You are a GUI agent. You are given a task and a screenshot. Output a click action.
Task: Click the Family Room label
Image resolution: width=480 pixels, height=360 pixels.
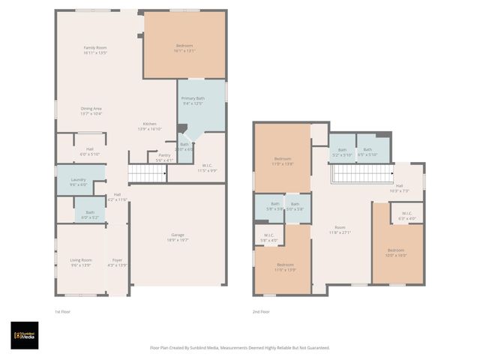click(x=94, y=50)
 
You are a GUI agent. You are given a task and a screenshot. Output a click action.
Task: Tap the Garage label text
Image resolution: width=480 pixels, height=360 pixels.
click(x=177, y=238)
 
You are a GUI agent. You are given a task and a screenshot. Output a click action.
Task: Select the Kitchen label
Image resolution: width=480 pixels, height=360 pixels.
click(x=150, y=126)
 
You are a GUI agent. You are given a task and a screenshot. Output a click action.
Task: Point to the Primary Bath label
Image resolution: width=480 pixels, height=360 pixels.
click(x=190, y=100)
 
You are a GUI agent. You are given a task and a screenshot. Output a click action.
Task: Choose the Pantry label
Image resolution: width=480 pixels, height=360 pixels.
click(x=163, y=157)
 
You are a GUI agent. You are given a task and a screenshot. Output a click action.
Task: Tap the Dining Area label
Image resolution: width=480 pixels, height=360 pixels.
click(x=91, y=111)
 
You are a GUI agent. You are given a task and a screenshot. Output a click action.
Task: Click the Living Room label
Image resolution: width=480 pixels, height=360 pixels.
click(x=80, y=262)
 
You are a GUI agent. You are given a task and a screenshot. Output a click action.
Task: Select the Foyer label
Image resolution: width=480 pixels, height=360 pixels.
click(x=117, y=262)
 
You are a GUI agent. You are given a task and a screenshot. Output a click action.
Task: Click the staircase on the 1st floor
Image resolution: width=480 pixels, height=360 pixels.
click(x=147, y=174)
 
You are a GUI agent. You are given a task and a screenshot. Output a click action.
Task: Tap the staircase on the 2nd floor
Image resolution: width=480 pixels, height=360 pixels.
click(x=362, y=174)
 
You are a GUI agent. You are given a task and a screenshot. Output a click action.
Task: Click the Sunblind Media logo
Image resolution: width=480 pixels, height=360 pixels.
click(x=24, y=335)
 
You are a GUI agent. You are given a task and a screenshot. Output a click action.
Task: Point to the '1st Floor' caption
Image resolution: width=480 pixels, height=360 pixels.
click(x=62, y=311)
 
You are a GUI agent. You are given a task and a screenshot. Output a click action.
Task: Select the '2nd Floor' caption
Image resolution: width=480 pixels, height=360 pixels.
click(x=262, y=311)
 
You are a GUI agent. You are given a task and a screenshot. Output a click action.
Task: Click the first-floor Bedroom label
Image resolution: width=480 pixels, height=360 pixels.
click(x=184, y=48)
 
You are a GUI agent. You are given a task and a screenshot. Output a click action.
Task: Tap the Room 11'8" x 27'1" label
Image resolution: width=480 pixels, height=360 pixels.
click(x=340, y=229)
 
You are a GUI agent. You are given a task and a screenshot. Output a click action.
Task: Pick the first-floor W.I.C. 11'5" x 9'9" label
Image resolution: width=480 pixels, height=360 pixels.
click(x=206, y=169)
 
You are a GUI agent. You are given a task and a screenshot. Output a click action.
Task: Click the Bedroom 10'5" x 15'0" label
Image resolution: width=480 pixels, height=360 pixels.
click(x=396, y=253)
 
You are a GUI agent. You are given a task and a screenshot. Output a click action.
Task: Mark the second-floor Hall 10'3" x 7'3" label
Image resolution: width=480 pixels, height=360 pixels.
click(x=399, y=188)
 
